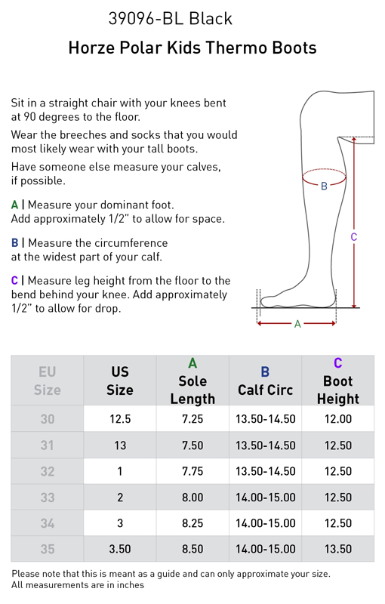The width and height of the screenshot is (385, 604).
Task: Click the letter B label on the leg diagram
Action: tap(324, 186)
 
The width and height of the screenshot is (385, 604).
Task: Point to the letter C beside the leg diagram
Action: tap(354, 237)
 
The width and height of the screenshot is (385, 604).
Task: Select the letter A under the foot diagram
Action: tap(297, 325)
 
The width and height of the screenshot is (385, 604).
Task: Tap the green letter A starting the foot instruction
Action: tap(14, 205)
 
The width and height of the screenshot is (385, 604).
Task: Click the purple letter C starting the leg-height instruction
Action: tap(14, 280)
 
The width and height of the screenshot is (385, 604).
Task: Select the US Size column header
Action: tap(120, 381)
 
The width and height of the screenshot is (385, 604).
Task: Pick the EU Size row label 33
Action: tap(48, 498)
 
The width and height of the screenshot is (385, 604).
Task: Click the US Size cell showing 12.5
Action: tap(120, 419)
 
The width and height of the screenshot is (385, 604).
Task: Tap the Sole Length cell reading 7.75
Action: tap(192, 471)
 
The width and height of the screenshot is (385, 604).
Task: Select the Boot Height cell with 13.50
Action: tap(338, 549)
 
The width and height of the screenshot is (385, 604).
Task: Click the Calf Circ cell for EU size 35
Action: tap(265, 549)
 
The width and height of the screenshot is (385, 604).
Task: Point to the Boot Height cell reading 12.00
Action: tap(338, 419)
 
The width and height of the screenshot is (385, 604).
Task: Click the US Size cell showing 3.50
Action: tap(120, 549)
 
